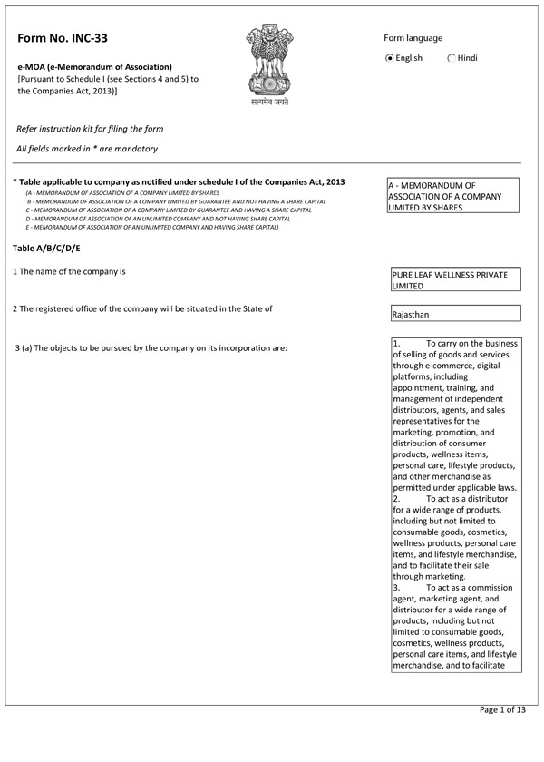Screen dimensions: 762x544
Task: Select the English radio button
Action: point(390,58)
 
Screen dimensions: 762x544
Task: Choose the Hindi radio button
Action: point(452,58)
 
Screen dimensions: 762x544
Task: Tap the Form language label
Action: point(413,38)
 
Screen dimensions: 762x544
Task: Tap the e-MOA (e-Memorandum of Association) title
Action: point(94,66)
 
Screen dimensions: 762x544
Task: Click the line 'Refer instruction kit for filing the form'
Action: point(90,129)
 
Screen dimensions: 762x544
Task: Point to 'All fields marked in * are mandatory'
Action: point(87,148)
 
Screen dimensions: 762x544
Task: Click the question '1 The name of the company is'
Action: point(69,271)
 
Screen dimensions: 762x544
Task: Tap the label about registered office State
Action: point(142,308)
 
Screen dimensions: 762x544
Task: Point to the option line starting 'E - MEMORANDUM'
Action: point(152,227)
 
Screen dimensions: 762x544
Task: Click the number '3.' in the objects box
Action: point(397,588)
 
